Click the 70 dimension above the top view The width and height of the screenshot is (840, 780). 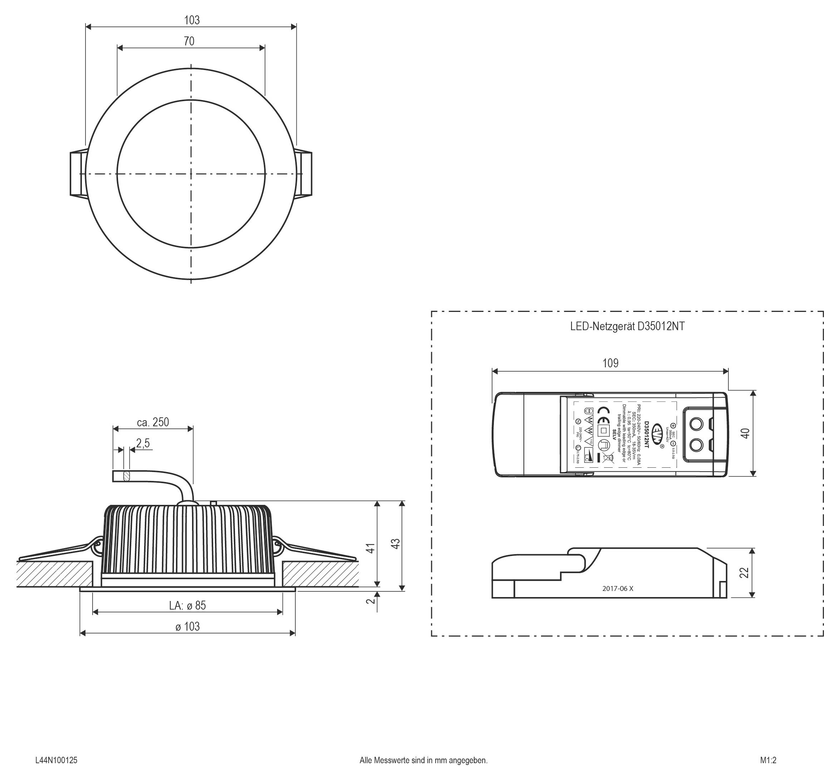pos(189,41)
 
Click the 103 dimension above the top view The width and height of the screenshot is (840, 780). pos(192,20)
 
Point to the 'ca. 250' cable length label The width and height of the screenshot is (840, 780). pos(153,422)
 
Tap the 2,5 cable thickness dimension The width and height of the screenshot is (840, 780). pos(143,443)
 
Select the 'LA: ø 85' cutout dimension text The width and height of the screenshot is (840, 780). pos(187,605)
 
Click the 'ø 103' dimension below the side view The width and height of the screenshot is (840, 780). pos(187,626)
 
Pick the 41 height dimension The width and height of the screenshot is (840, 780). pos(370,548)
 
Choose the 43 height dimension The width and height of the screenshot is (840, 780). pos(396,543)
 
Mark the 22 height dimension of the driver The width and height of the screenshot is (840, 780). pos(745,573)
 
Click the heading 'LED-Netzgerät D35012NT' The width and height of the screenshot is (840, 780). pos(627,326)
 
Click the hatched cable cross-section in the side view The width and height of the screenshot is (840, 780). pos(126,476)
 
